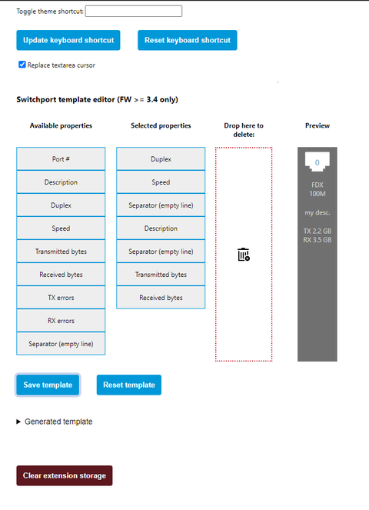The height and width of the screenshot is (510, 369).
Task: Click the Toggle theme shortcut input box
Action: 134,11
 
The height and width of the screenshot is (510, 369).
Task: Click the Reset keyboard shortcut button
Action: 188,40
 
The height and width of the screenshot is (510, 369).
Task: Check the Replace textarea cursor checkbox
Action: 22,65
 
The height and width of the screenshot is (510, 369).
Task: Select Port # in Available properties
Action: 61,158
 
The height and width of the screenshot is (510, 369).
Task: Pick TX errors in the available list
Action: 61,297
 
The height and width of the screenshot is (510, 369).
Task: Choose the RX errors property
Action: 61,320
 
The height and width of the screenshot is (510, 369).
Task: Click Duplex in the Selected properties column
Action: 161,158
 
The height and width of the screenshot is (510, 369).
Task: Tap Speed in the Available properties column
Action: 61,228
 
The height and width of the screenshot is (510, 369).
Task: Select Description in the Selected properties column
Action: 161,228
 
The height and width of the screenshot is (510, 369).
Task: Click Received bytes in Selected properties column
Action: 161,297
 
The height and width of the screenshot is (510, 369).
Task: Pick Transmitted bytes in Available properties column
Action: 61,251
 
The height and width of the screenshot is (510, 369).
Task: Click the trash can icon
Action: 244,255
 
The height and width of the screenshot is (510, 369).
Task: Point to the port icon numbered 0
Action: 317,162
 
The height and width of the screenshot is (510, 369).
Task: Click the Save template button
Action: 48,385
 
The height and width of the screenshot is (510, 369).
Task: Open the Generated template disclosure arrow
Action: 18,422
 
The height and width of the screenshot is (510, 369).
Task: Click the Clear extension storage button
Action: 65,475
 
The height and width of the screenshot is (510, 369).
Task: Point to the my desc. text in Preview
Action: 317,213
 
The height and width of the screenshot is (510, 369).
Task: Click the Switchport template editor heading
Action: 97,99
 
